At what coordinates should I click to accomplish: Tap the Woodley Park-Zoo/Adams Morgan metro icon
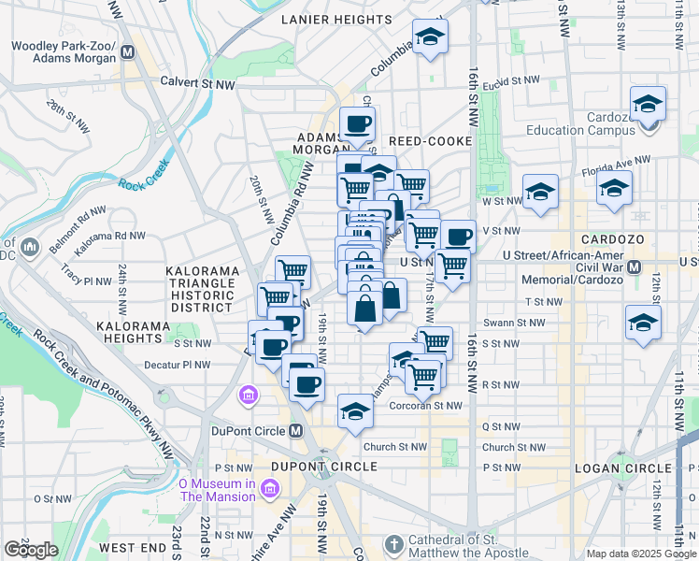pyautogui.click(x=128, y=53)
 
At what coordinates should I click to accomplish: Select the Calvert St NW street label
pyautogui.click(x=198, y=82)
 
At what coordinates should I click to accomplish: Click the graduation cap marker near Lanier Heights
pyautogui.click(x=430, y=36)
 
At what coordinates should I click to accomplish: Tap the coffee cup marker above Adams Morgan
pyautogui.click(x=357, y=122)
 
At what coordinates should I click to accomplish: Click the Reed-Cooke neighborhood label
pyautogui.click(x=431, y=141)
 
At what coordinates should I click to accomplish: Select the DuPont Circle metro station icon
pyautogui.click(x=296, y=430)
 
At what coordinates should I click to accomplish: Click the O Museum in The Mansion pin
pyautogui.click(x=269, y=488)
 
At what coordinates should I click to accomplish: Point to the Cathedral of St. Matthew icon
pyautogui.click(x=393, y=543)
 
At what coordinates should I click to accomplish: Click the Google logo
pyautogui.click(x=31, y=550)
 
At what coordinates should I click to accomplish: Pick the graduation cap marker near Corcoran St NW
pyautogui.click(x=355, y=411)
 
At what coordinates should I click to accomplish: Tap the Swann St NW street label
pyautogui.click(x=521, y=323)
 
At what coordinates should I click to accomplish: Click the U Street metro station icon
pyautogui.click(x=635, y=266)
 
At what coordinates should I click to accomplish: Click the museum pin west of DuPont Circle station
pyautogui.click(x=249, y=396)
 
